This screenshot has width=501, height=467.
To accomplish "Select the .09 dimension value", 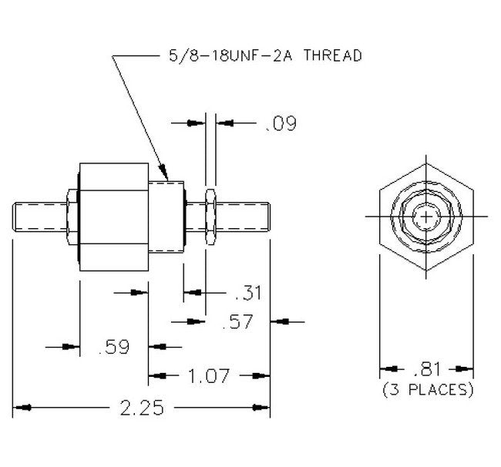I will [280, 123].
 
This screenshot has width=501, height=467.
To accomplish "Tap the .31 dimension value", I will [247, 293].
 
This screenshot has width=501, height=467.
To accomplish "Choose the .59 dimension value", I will [114, 348].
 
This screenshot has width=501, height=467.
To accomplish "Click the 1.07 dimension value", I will [209, 377].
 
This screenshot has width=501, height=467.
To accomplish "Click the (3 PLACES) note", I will [427, 391].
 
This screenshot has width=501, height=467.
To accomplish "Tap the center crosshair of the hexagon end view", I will [425, 217].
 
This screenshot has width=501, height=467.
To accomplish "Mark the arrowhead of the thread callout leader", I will [164, 174].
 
